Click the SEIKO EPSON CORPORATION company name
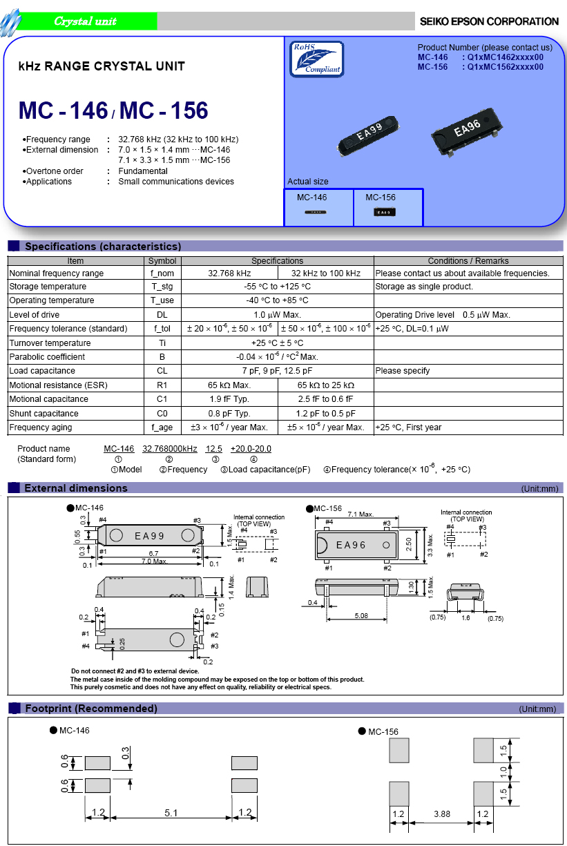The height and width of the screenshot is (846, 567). click(x=489, y=21)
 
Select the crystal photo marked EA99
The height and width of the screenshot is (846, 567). click(x=371, y=134)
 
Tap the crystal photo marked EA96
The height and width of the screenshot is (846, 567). click(x=467, y=129)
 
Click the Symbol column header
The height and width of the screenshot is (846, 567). click(x=162, y=261)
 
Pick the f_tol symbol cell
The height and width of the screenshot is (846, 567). click(x=162, y=329)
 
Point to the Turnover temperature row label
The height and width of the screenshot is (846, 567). click(x=50, y=343)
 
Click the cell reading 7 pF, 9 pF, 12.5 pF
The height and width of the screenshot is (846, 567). click(x=277, y=371)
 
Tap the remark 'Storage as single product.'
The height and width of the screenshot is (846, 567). click(x=424, y=287)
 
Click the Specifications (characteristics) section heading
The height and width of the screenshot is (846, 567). click(x=103, y=247)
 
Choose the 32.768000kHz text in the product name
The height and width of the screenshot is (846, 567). click(x=170, y=449)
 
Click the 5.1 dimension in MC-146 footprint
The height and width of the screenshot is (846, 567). click(x=171, y=814)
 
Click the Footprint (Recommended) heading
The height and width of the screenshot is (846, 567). click(x=90, y=709)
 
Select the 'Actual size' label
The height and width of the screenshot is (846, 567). click(x=308, y=182)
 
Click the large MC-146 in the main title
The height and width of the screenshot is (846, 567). click(x=63, y=110)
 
